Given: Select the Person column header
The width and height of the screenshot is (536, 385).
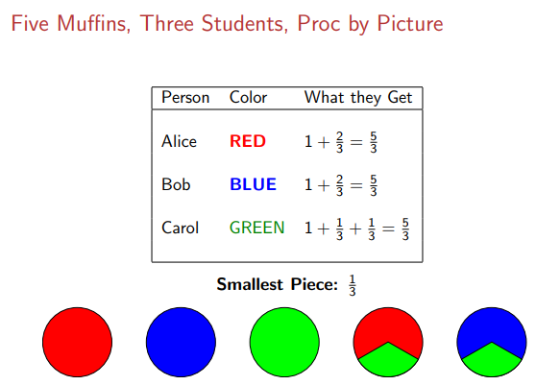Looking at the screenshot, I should point(185,97).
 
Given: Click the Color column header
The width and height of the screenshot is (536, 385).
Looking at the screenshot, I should point(248,97).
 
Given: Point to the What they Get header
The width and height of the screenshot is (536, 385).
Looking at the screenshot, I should point(357,97).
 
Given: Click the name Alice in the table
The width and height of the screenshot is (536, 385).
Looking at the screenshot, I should point(179,142).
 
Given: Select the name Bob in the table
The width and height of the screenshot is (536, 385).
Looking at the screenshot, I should point(176,184).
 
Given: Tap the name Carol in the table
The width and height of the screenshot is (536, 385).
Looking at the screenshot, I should point(181,228).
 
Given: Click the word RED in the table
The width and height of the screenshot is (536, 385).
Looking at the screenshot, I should point(247,142).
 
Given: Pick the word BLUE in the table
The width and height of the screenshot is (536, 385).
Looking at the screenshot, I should point(253,184).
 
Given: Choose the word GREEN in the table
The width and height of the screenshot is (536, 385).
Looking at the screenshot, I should point(256,228).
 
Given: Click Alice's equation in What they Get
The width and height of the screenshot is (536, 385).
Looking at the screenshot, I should point(341,142).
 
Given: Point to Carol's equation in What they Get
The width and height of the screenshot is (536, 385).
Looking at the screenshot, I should point(357,228).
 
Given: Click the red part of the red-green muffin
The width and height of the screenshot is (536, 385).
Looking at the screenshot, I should point(388,326).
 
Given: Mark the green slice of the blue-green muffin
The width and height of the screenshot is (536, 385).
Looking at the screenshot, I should point(492,361).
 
